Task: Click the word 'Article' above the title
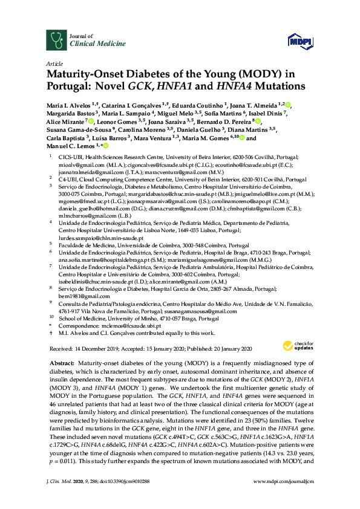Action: [54, 63]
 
